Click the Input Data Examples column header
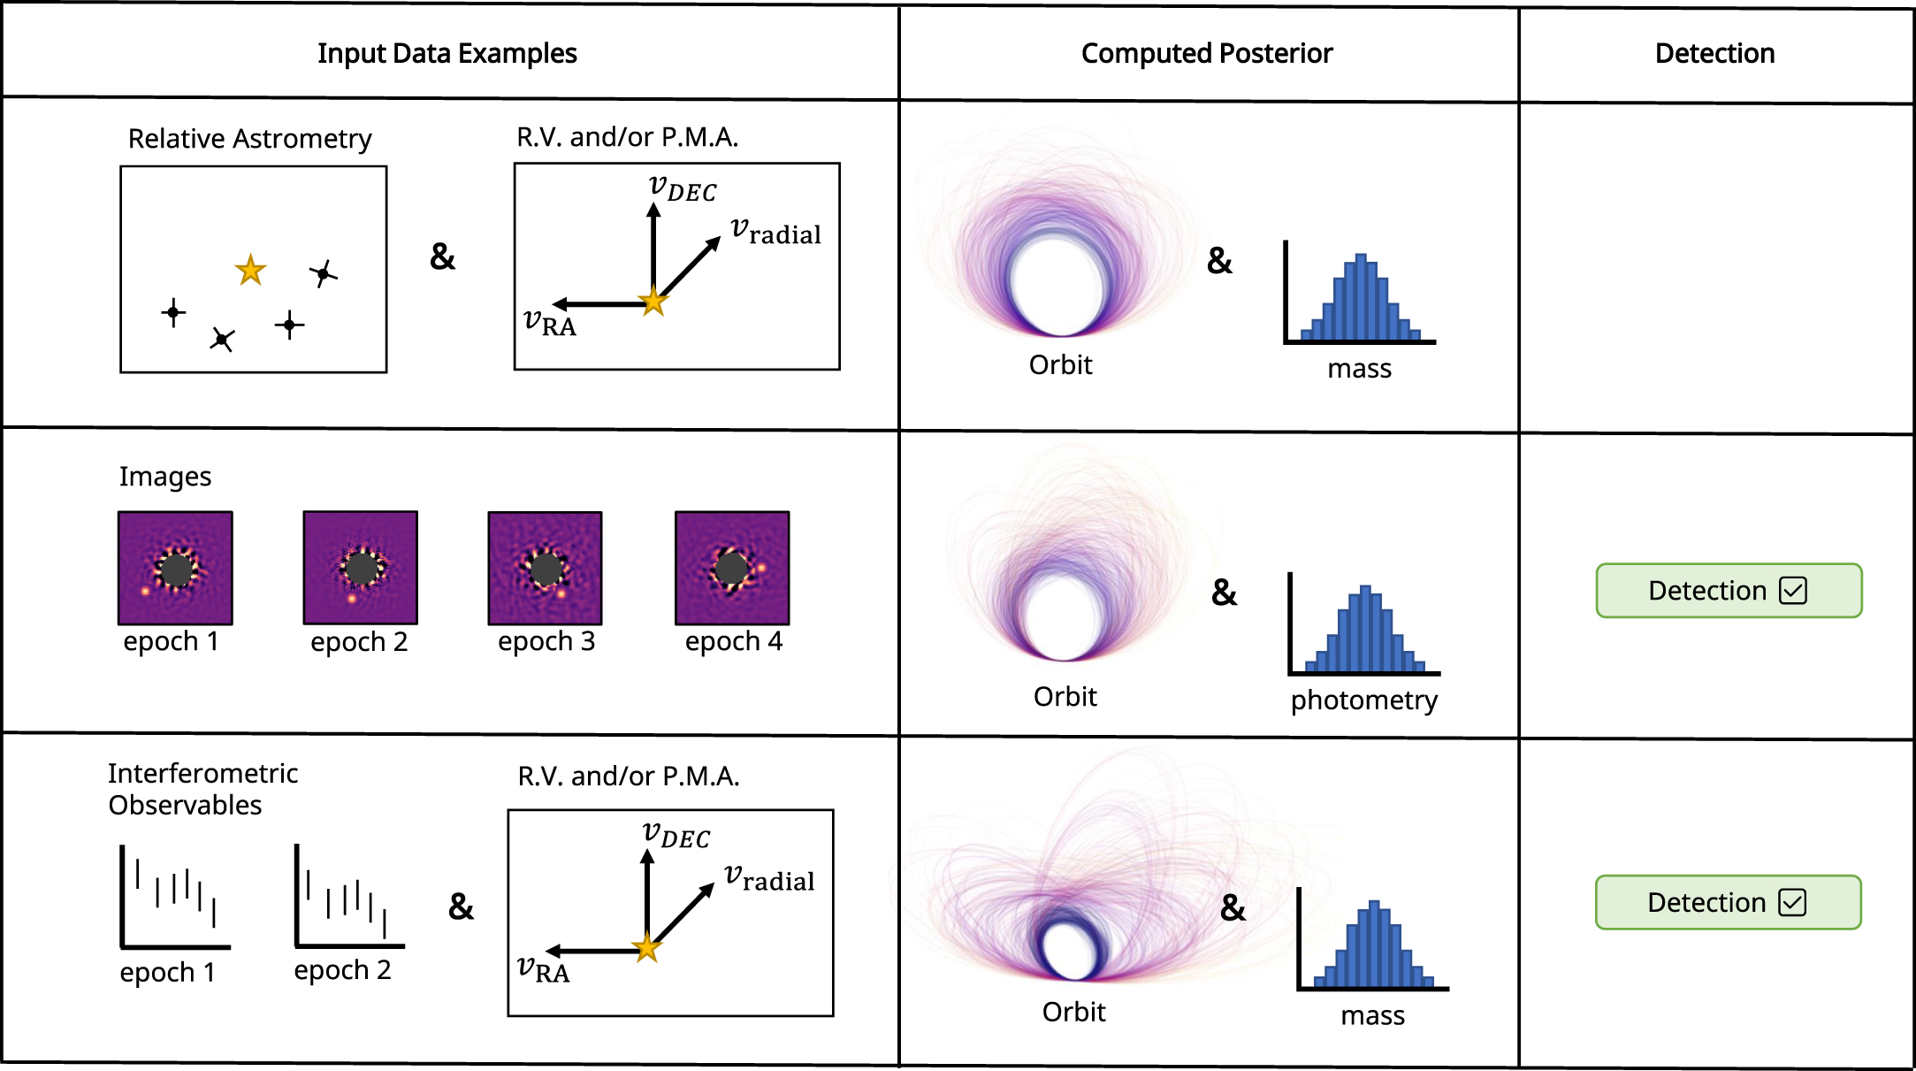(x=447, y=54)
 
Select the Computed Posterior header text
(x=1206, y=54)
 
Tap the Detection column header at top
(x=1714, y=54)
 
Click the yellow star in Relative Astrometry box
(x=251, y=271)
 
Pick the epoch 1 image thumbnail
(x=175, y=568)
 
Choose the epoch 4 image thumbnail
(x=732, y=568)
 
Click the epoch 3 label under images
(x=546, y=641)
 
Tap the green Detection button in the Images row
(x=1729, y=590)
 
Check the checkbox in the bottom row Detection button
(x=1792, y=902)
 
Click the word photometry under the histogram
(x=1363, y=700)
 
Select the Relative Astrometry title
(x=249, y=139)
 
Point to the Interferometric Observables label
(x=202, y=789)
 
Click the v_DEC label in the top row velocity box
(x=682, y=188)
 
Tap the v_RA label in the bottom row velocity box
(x=543, y=969)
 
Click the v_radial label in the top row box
(x=775, y=232)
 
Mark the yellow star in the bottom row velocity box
(x=647, y=948)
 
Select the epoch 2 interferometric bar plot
(x=348, y=897)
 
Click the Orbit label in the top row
(x=1060, y=365)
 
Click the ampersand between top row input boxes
(x=442, y=256)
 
